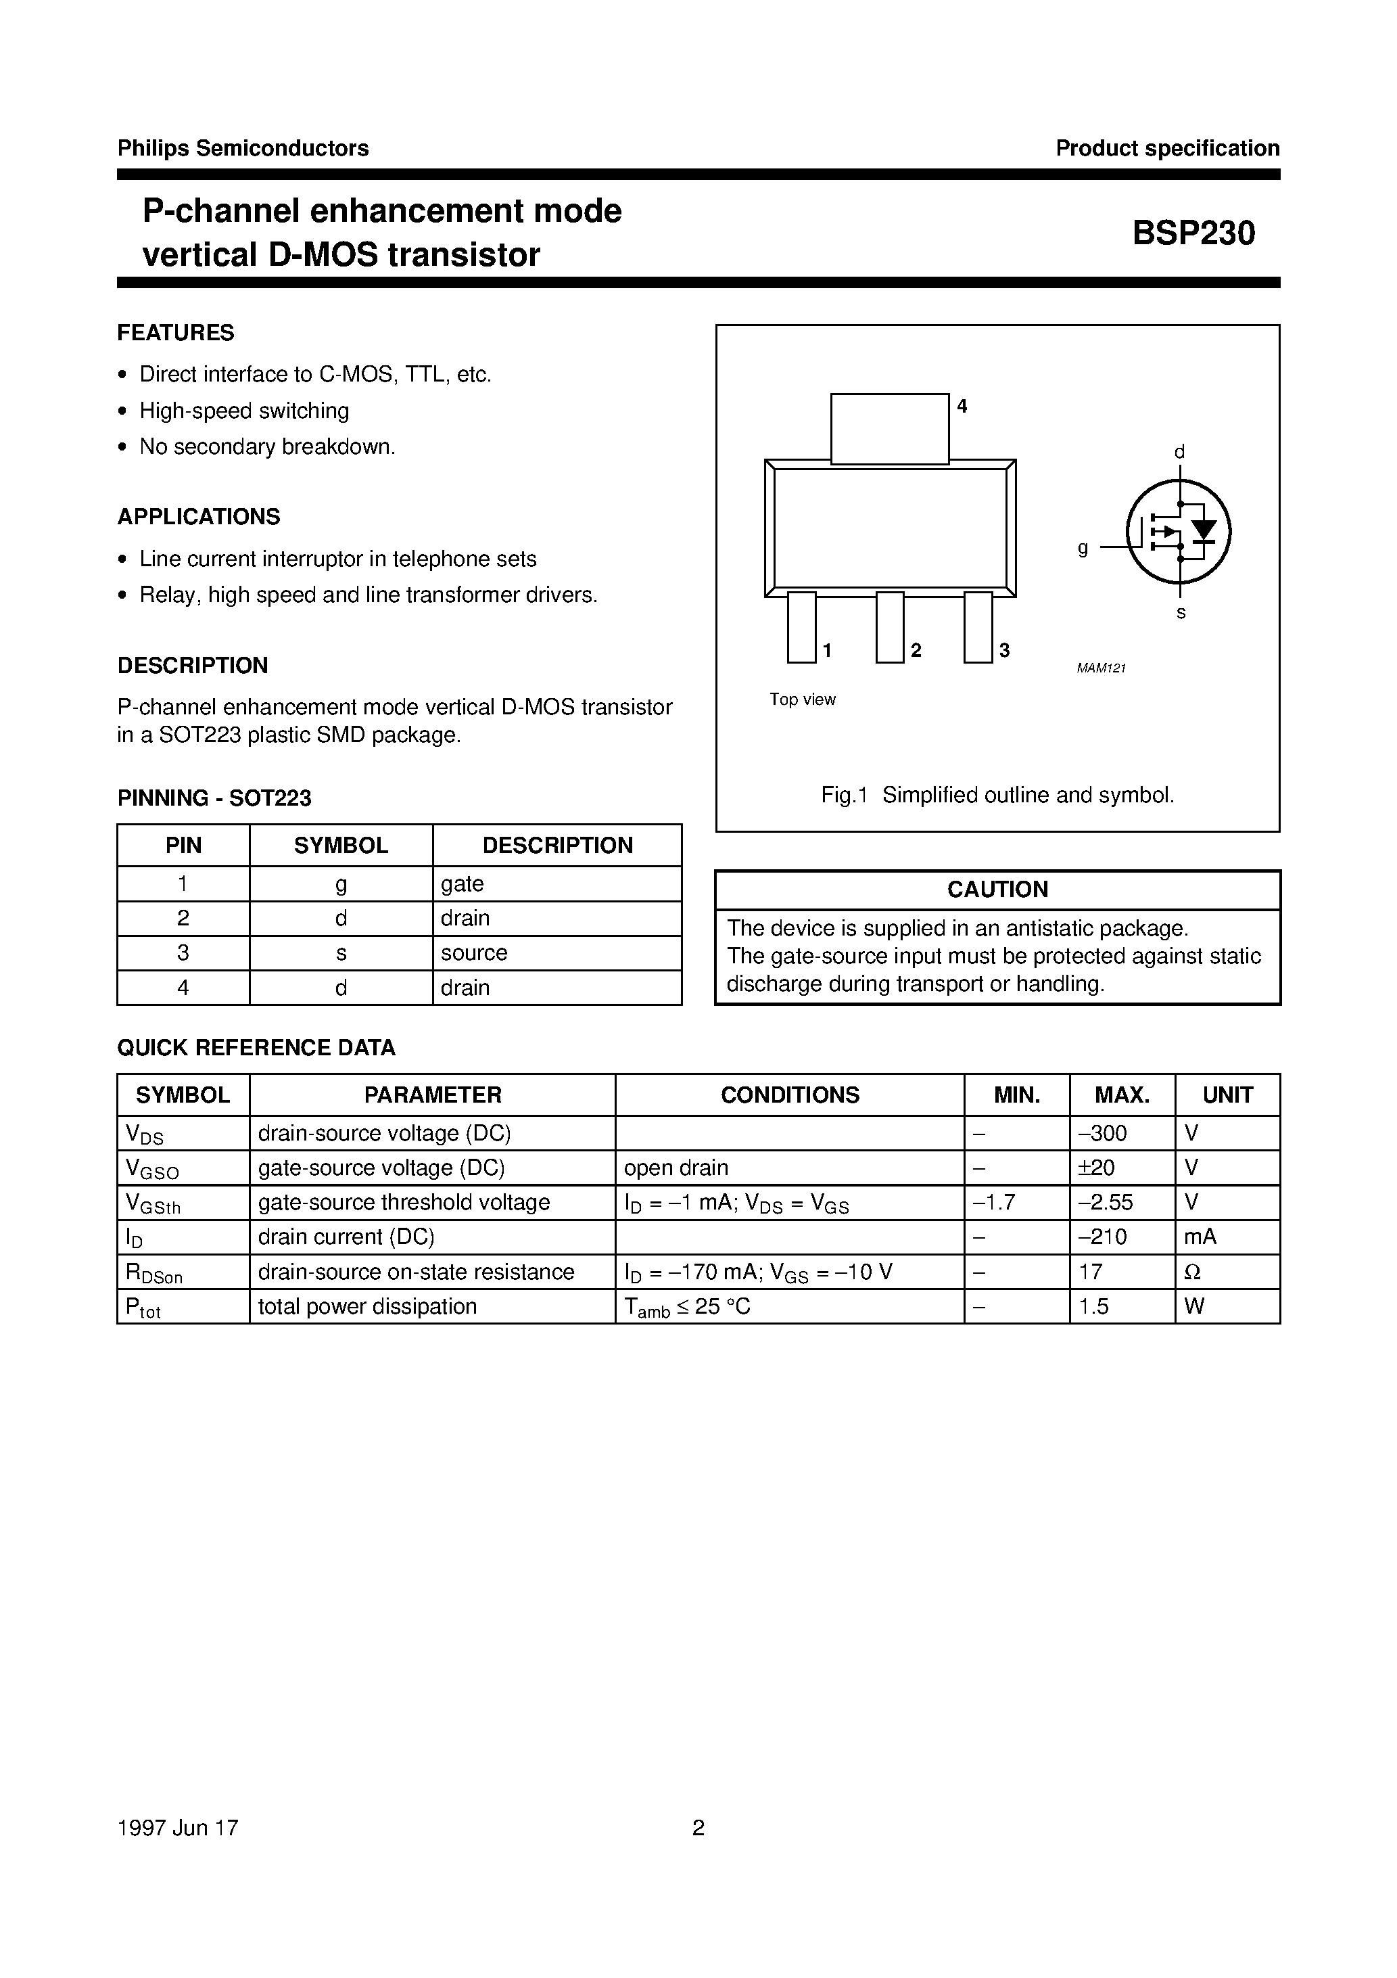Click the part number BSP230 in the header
coord(1193,233)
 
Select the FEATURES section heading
coord(176,333)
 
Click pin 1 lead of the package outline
coord(801,627)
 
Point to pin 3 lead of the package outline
coord(978,627)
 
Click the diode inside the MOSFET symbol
coord(1203,530)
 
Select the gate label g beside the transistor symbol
coord(1083,547)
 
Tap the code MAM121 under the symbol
coord(1101,668)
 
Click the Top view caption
coord(802,699)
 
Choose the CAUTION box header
coord(997,889)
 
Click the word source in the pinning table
coord(474,953)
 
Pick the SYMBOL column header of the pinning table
coord(341,845)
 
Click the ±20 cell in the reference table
coord(1095,1168)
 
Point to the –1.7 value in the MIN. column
coord(994,1202)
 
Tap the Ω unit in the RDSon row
coord(1193,1272)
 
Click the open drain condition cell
coord(676,1168)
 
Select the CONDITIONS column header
coord(790,1095)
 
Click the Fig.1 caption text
coord(997,795)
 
